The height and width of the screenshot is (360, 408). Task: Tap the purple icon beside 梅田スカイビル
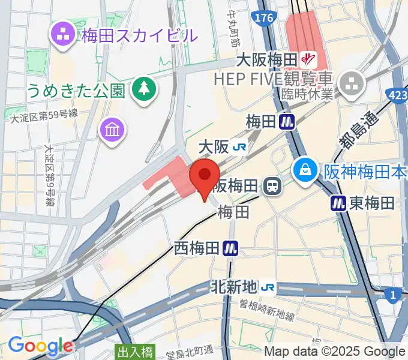(x=63, y=34)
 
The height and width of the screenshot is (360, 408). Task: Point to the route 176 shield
(x=265, y=19)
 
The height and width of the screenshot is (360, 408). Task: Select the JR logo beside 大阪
(x=241, y=146)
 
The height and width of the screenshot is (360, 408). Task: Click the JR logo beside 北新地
(x=268, y=287)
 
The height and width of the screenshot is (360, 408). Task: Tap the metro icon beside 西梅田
(x=230, y=247)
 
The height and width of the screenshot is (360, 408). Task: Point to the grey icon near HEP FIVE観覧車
(x=352, y=82)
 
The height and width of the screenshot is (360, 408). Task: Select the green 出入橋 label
(x=135, y=353)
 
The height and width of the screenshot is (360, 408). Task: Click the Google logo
(x=40, y=345)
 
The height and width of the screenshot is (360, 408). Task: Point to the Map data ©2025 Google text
(x=335, y=352)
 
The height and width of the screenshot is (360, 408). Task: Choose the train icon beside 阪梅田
(x=272, y=186)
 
